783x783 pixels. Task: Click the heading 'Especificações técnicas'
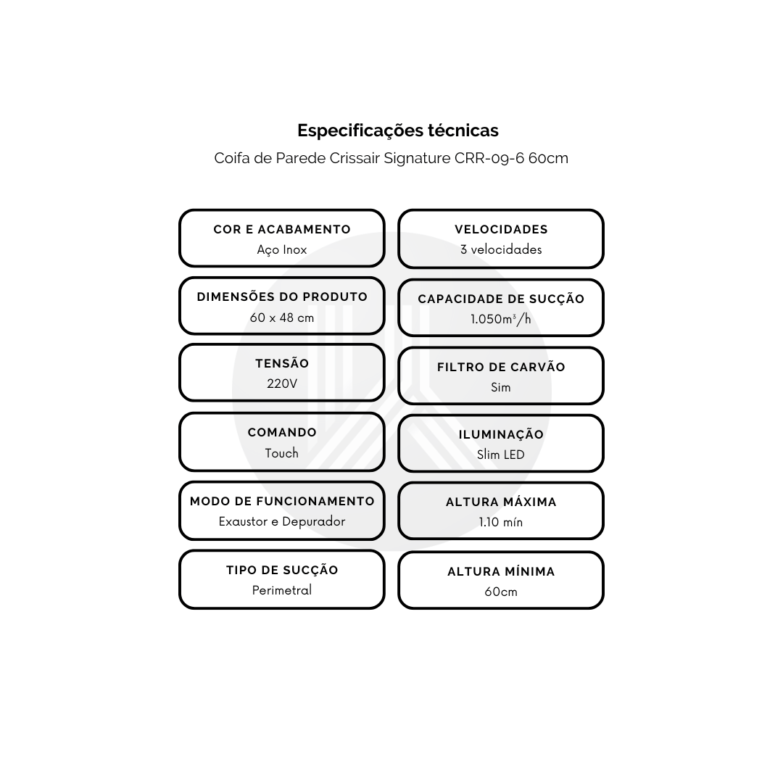398,130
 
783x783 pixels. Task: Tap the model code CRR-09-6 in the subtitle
489,158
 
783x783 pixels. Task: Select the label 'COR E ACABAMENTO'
282,229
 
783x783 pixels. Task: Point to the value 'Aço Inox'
282,249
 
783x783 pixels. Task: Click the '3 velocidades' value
501,249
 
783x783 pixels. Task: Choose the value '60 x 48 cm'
282,318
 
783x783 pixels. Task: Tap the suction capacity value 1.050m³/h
501,319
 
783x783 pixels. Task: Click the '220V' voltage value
282,384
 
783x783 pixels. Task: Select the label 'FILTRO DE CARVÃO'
501,367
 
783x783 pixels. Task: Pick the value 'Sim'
501,387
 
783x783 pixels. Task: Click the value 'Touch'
282,453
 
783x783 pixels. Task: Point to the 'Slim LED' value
501,455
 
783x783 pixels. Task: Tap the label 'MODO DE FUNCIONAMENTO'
282,501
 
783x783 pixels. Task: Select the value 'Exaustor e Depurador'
282,521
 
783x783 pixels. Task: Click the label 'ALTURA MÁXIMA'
501,502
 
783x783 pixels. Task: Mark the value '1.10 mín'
501,522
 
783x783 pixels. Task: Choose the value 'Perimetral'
282,590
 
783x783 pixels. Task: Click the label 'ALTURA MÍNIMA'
501,571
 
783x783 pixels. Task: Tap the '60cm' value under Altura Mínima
501,592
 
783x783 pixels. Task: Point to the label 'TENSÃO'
282,363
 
